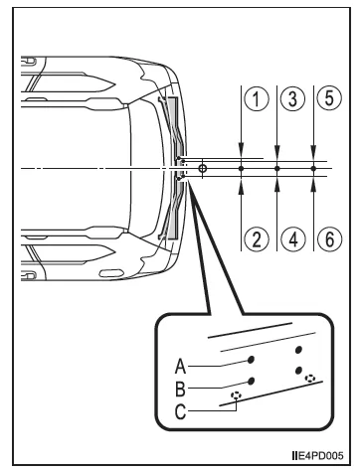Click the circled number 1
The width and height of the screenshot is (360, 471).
pyautogui.click(x=257, y=99)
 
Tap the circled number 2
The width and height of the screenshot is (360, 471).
pyautogui.click(x=257, y=238)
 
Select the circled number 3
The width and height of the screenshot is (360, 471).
pyautogui.click(x=292, y=99)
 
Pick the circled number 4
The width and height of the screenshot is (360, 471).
pyautogui.click(x=293, y=238)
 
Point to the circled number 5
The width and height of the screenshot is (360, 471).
pyautogui.click(x=329, y=98)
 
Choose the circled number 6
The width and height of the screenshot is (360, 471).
pyautogui.click(x=329, y=238)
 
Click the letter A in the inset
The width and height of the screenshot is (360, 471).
pyautogui.click(x=180, y=366)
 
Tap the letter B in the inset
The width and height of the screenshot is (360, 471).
pyautogui.click(x=180, y=389)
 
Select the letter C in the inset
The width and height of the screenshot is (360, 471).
pyautogui.click(x=180, y=412)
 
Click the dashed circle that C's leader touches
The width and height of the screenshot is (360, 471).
pyautogui.click(x=236, y=394)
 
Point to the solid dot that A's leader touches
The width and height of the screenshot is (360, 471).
pyautogui.click(x=251, y=360)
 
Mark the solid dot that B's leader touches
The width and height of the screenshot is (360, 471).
pyautogui.click(x=251, y=381)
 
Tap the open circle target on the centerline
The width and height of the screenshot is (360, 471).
pyautogui.click(x=203, y=169)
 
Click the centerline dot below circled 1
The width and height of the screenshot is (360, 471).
pyautogui.click(x=242, y=169)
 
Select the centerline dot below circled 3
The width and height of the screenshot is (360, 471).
pyautogui.click(x=277, y=169)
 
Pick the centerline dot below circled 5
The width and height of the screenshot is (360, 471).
pyautogui.click(x=313, y=169)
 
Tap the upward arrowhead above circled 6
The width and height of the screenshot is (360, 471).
pyautogui.click(x=313, y=187)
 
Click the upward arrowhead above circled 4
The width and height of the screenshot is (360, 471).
pyautogui.click(x=277, y=187)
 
